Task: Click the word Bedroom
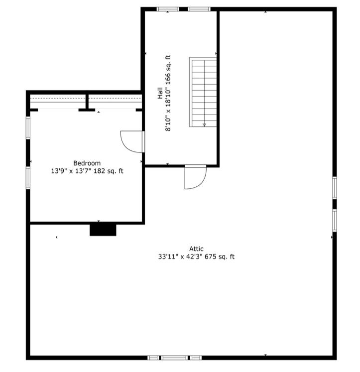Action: (x=87, y=163)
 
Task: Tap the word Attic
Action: (x=196, y=249)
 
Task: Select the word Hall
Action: (x=160, y=93)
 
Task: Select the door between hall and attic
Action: (x=195, y=177)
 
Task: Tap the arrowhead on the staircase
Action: (x=205, y=125)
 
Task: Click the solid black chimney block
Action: (x=103, y=230)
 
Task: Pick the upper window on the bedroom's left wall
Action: (x=28, y=128)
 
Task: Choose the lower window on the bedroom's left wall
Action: (x=28, y=178)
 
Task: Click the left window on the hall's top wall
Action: (x=168, y=9)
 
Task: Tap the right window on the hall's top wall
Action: (x=199, y=9)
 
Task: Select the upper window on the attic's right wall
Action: (x=335, y=188)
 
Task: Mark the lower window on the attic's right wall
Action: (x=335, y=221)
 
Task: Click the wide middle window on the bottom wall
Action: (x=175, y=358)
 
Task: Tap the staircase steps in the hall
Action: (x=204, y=93)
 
